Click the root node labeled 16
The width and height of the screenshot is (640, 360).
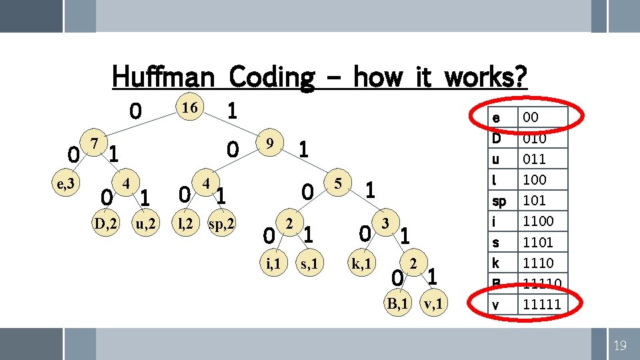coord(189,107)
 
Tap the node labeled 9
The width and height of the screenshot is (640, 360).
coord(269,143)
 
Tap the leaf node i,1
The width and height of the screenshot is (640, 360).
coord(273,265)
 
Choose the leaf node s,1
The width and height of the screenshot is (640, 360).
coord(311,265)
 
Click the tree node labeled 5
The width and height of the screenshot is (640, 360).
coord(338,182)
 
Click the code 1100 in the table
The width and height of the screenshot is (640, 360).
coord(538,221)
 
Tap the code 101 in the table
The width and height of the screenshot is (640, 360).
coord(535,200)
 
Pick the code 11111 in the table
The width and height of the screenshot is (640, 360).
coord(541,305)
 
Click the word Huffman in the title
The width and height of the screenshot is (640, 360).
coord(163,77)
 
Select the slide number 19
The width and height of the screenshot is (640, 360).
coord(619,345)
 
